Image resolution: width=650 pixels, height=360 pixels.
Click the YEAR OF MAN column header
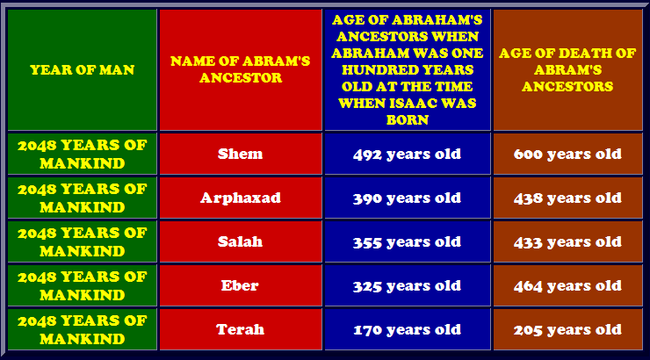pyautogui.click(x=82, y=69)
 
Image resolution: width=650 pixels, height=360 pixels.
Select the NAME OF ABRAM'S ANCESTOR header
pyautogui.click(x=241, y=69)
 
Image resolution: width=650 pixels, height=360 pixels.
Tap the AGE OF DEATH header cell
pyautogui.click(x=567, y=69)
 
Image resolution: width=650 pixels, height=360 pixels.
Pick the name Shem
pyautogui.click(x=241, y=154)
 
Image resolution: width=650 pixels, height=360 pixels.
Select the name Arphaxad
pyautogui.click(x=241, y=198)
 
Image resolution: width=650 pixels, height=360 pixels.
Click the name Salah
pyautogui.click(x=241, y=241)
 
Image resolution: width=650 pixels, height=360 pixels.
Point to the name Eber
pyautogui.click(x=240, y=285)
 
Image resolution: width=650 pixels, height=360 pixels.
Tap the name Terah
pyautogui.click(x=240, y=329)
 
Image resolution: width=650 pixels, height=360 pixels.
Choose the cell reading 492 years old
pyautogui.click(x=407, y=155)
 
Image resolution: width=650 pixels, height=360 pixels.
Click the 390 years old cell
pyautogui.click(x=407, y=198)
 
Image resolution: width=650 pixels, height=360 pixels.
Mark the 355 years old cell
pyautogui.click(x=407, y=242)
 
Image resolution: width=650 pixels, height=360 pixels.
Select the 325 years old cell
pyautogui.click(x=407, y=286)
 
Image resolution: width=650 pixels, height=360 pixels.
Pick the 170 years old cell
pyautogui.click(x=407, y=330)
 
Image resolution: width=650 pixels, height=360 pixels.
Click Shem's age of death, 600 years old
pyautogui.click(x=567, y=155)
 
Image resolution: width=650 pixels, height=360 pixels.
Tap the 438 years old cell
pyautogui.click(x=567, y=198)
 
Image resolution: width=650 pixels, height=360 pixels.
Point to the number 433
pyautogui.click(x=528, y=242)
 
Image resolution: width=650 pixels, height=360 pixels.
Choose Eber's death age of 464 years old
pyautogui.click(x=567, y=286)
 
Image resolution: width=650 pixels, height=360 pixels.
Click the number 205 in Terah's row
pyautogui.click(x=528, y=330)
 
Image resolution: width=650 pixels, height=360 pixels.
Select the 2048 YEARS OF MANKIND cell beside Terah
pyautogui.click(x=82, y=329)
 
